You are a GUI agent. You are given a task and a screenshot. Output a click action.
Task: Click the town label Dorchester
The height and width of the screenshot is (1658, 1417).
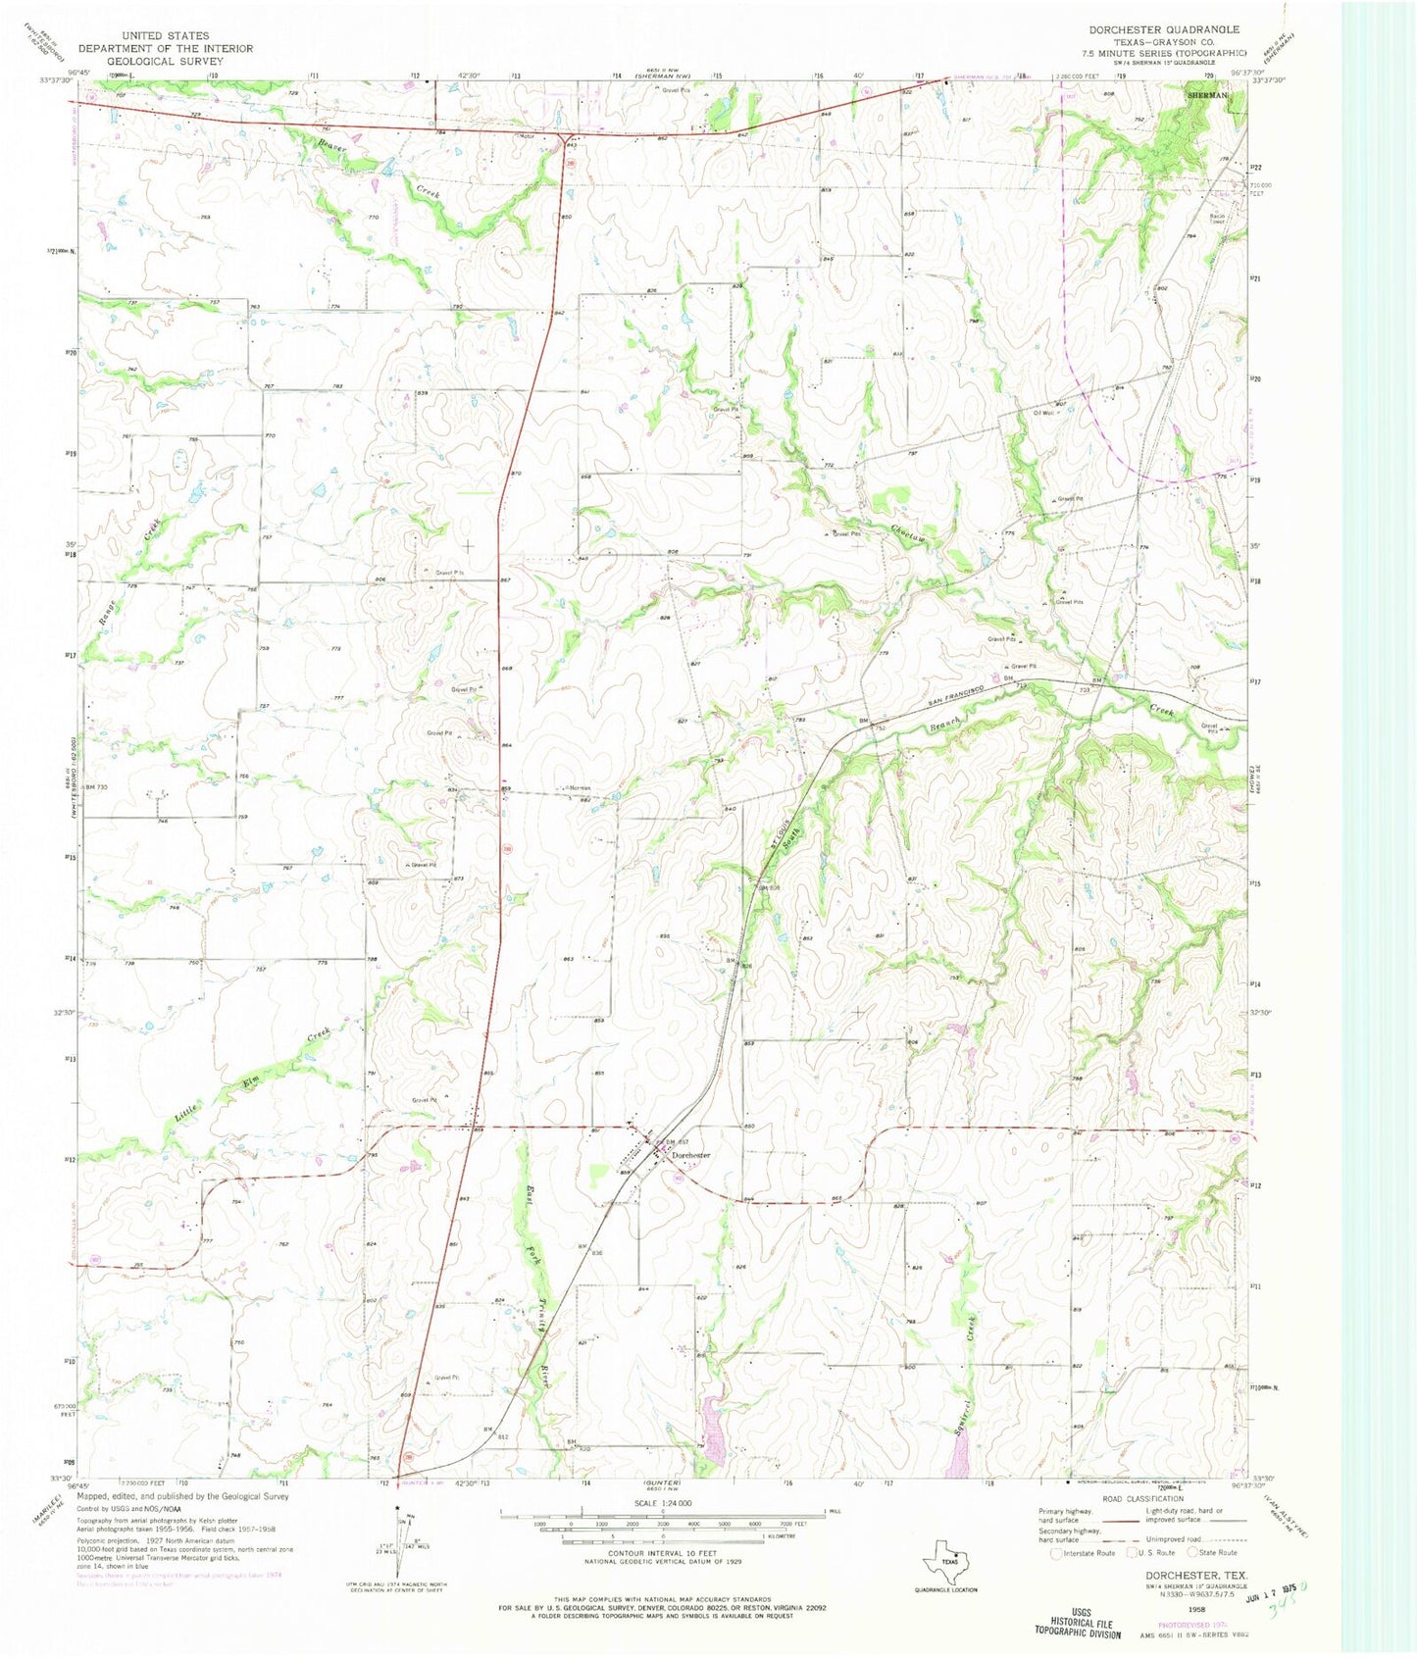(x=691, y=1155)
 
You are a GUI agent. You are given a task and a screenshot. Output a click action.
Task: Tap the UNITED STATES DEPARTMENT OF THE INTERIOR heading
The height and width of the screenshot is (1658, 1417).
(x=165, y=48)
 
